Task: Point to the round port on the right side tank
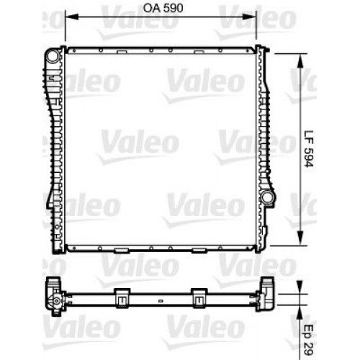pyautogui.click(x=268, y=197)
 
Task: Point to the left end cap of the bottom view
pyautogui.click(x=53, y=296)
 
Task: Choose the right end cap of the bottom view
pyautogui.click(x=269, y=296)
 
